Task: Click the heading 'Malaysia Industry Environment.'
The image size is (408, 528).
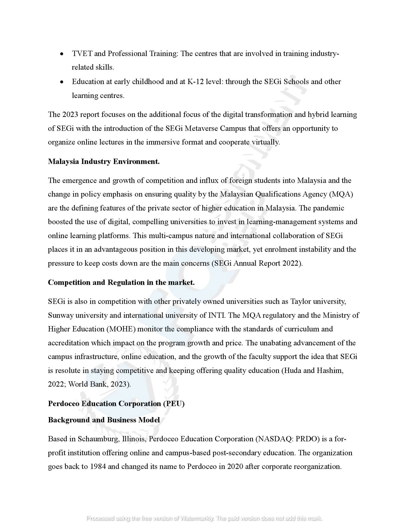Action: click(104, 162)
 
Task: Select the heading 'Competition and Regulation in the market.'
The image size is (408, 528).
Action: click(121, 282)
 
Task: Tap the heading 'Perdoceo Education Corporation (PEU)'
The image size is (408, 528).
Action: click(116, 404)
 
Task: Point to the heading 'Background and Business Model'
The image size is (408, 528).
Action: click(104, 420)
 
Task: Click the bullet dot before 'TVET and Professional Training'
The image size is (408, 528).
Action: click(61, 54)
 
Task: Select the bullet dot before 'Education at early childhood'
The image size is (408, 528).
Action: click(61, 82)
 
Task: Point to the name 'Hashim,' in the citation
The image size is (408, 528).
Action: click(330, 370)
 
